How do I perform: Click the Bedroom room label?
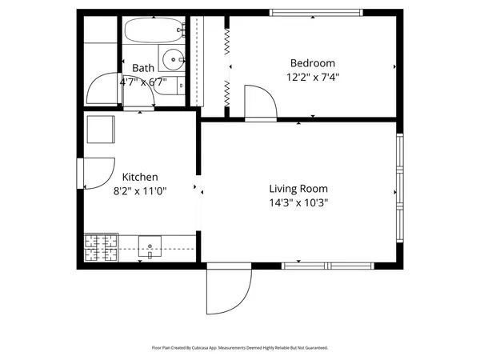[x=312, y=63]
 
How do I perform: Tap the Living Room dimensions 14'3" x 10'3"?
[x=298, y=202]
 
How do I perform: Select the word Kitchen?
[x=140, y=177]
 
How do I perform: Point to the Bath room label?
[x=143, y=68]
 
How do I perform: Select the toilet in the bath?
[x=170, y=84]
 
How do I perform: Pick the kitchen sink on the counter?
[x=150, y=247]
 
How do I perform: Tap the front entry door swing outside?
[x=226, y=290]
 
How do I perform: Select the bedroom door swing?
[x=260, y=102]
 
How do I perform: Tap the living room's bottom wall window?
[x=328, y=265]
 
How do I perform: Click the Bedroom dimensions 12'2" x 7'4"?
[x=312, y=78]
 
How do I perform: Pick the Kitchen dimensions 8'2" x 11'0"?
[x=140, y=191]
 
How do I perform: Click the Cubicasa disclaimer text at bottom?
[x=240, y=348]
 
